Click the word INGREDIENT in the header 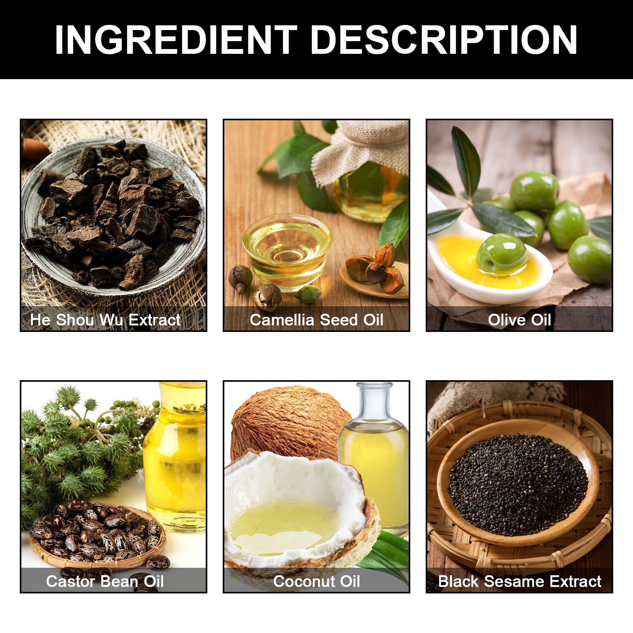tap(176, 40)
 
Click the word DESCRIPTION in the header tap(444, 40)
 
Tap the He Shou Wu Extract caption tap(105, 320)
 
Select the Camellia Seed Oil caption tap(316, 320)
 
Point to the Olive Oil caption tap(519, 320)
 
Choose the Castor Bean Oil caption tap(105, 581)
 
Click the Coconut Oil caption tap(316, 581)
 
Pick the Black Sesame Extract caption tap(519, 581)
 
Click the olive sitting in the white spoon tap(502, 254)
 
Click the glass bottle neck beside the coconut tap(374, 400)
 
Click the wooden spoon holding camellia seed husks tap(374, 279)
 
